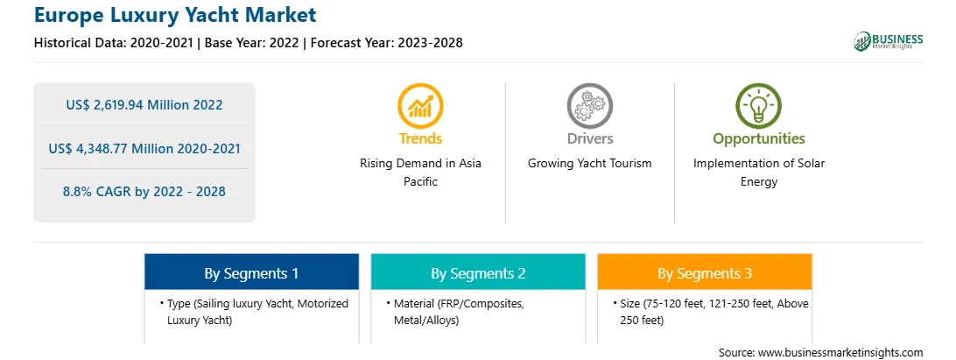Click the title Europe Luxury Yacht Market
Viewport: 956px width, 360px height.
click(175, 14)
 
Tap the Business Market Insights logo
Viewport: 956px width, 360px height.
click(888, 41)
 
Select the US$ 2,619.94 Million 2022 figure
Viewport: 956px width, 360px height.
click(144, 104)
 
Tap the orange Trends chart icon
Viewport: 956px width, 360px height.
click(420, 106)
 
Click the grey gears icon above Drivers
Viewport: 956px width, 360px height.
click(589, 106)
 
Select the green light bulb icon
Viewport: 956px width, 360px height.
click(758, 106)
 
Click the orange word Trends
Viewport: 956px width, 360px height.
click(421, 139)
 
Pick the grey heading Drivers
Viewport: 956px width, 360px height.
click(589, 139)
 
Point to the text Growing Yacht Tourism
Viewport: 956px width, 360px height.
click(589, 164)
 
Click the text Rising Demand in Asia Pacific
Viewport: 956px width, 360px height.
click(421, 173)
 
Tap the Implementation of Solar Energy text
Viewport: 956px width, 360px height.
click(759, 173)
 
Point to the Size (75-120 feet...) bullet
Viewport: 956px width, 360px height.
click(710, 312)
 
